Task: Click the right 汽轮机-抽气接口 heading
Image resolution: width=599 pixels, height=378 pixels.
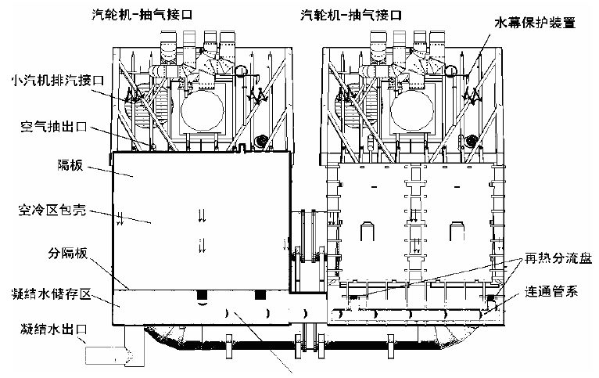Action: (355, 14)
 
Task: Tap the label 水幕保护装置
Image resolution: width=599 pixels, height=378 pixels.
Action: (535, 23)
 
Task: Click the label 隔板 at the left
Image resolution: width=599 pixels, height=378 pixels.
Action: (70, 167)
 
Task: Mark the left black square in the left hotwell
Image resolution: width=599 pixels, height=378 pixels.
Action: (202, 296)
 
